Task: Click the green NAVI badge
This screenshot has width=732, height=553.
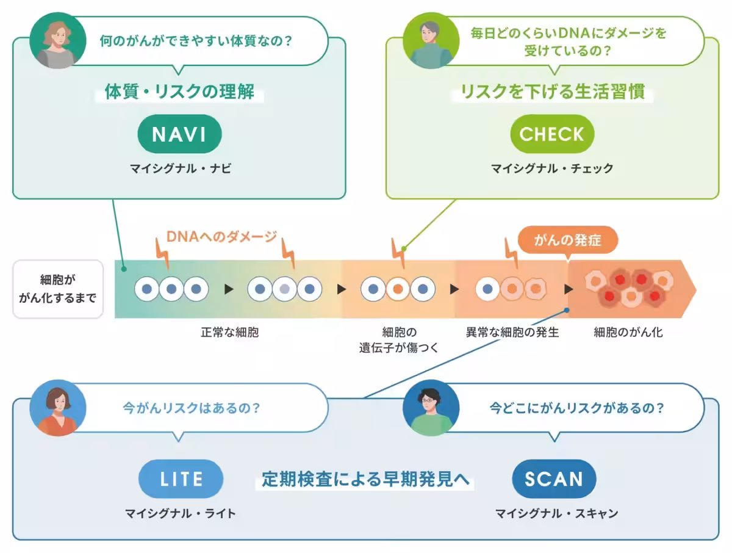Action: (180, 134)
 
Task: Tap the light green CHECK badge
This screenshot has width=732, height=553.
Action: (551, 134)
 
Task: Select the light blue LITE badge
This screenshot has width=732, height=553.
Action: (181, 479)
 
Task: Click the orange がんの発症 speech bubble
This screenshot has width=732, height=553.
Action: (567, 240)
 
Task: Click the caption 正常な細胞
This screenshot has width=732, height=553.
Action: (230, 333)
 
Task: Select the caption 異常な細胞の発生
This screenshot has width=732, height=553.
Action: (512, 333)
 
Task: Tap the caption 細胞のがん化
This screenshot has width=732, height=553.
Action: (628, 333)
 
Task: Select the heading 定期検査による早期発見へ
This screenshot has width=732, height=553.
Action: (366, 479)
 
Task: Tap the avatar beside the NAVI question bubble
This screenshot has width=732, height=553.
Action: (56, 40)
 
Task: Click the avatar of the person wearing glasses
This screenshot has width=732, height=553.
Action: (431, 407)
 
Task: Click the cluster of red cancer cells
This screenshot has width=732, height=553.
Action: (628, 288)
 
